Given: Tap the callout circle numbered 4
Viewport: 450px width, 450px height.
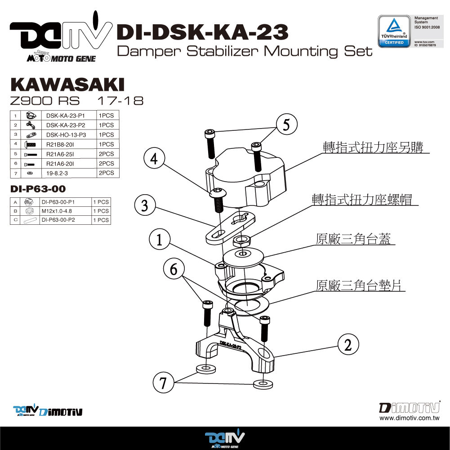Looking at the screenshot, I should click(154, 160).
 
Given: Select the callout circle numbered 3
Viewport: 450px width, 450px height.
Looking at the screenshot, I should click(145, 205).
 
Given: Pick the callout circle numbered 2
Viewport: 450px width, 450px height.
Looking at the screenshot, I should click(348, 345).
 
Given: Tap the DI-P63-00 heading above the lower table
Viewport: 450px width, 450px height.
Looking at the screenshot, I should click(38, 189).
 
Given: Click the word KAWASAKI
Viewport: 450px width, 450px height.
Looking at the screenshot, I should click(67, 85).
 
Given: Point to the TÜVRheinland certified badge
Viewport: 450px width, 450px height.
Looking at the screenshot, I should click(393, 30).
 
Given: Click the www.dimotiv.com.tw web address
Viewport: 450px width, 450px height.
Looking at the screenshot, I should click(409, 418).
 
